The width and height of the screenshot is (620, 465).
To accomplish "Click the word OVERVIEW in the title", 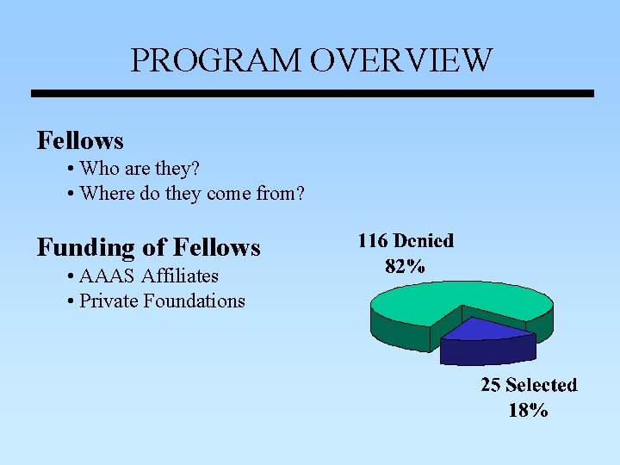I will pos(401,60).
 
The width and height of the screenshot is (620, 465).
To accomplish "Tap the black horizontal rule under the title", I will pos(312,93).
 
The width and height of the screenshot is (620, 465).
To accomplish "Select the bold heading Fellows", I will pos(80,140).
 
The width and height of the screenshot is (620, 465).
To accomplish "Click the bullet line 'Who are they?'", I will pos(139,168).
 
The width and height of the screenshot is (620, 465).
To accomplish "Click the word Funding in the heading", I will pos(85,247).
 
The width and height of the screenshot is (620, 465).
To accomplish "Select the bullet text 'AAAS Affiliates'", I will pos(148,276).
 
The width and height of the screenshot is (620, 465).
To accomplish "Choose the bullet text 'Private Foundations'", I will pos(162,301).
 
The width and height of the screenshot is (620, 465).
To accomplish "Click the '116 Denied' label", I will pos(405,241).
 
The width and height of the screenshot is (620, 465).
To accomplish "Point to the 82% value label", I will pos(405,266).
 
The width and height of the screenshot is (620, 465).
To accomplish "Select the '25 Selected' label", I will pos(529,385).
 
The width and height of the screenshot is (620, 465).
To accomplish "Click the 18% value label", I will pos(528,410).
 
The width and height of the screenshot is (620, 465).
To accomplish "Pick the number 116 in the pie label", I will pos(372,241).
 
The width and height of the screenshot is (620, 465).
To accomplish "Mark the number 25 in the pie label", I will pos(490,385).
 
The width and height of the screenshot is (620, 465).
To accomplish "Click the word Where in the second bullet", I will pos(105,194).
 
